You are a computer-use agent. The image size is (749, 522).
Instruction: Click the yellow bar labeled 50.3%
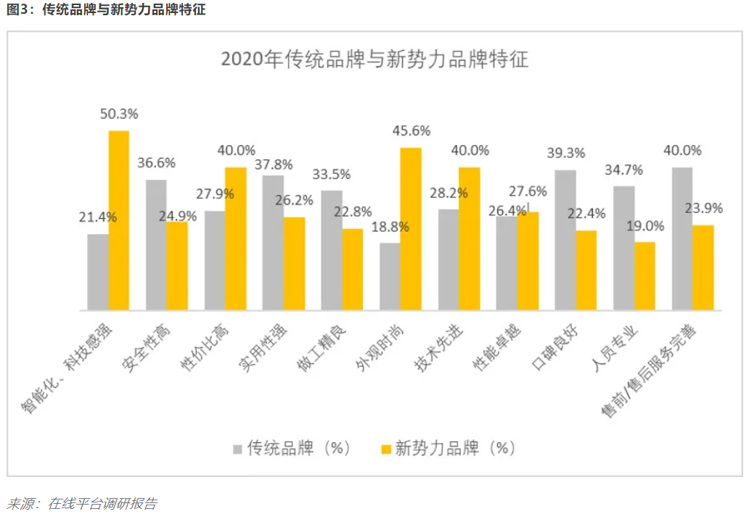pyautogui.click(x=119, y=220)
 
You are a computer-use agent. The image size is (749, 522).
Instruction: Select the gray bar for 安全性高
pyautogui.click(x=156, y=245)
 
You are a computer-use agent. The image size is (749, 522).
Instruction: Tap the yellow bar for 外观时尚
pyautogui.click(x=411, y=229)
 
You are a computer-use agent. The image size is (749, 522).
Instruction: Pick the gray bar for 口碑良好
pyautogui.click(x=565, y=240)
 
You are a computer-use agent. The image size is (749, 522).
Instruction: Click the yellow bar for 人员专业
pyautogui.click(x=644, y=275)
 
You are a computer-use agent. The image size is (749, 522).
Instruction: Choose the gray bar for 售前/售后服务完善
pyautogui.click(x=682, y=239)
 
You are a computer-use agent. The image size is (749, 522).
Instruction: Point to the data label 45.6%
pyautogui.click(x=412, y=131)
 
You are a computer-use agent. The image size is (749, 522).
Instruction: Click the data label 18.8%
pyautogui.click(x=390, y=227)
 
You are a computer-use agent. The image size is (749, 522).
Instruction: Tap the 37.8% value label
pyautogui.click(x=274, y=165)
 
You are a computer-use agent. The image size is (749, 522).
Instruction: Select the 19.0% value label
pyautogui.click(x=645, y=225)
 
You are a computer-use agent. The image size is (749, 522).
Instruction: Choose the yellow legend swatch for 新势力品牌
pyautogui.click(x=384, y=449)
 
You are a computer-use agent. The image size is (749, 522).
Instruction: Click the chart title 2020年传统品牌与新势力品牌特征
pyautogui.click(x=374, y=59)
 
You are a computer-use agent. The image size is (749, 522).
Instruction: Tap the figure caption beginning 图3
pyautogui.click(x=106, y=11)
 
